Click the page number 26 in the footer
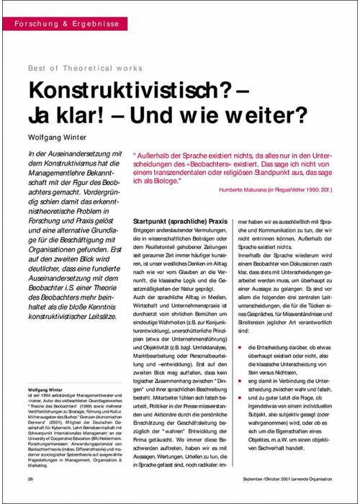(30, 478)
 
